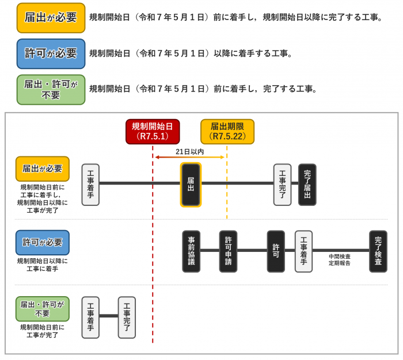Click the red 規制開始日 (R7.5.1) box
click(153, 132)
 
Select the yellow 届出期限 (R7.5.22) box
click(227, 132)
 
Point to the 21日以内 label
click(190, 152)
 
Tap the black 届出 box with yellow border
click(191, 185)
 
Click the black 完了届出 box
click(307, 185)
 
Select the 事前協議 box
click(191, 251)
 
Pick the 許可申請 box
click(228, 251)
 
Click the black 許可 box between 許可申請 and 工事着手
click(276, 251)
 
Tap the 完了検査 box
click(378, 251)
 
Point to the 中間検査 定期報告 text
click(340, 260)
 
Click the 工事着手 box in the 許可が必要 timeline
click(303, 251)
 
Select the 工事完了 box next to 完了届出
click(282, 185)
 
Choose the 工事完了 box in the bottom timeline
click(127, 317)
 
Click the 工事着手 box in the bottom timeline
click(90, 317)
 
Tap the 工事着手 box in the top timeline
click(90, 185)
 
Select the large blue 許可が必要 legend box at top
click(51, 53)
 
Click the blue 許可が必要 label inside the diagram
click(42, 243)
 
